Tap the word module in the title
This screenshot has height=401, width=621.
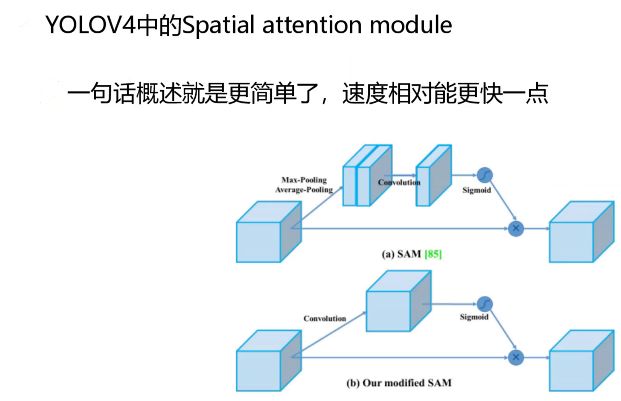click(x=411, y=25)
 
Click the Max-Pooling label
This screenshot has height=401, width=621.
click(x=304, y=180)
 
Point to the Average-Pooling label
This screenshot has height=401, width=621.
click(x=304, y=190)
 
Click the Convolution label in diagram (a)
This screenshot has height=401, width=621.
click(x=399, y=182)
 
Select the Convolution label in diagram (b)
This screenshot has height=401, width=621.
click(x=325, y=319)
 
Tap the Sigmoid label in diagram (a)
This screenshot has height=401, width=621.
click(x=477, y=190)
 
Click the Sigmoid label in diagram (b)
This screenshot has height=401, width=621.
click(x=474, y=317)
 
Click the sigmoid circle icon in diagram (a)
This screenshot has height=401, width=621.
click(x=485, y=175)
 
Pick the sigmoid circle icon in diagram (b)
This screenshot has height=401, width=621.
click(x=485, y=304)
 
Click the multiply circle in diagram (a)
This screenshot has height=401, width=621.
click(x=516, y=228)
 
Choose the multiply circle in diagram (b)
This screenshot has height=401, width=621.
click(x=516, y=357)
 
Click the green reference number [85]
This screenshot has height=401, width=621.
click(x=433, y=254)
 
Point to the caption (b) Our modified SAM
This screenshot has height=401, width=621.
click(x=399, y=383)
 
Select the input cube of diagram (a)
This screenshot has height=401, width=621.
click(x=269, y=232)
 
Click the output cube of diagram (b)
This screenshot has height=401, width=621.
click(x=582, y=361)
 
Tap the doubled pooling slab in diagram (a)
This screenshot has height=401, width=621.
click(x=367, y=175)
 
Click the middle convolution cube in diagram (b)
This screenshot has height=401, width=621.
click(x=399, y=301)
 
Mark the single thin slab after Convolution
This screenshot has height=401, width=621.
click(x=434, y=175)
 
